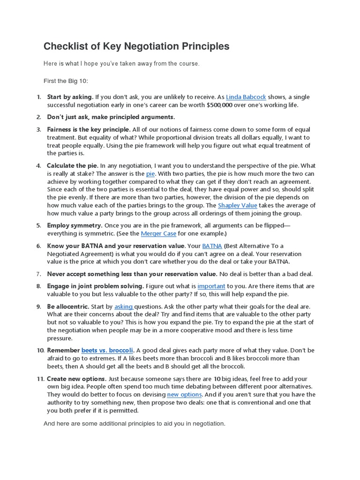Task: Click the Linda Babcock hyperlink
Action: tap(246, 97)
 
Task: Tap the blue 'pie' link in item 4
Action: tap(150, 173)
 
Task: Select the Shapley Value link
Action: tap(237, 205)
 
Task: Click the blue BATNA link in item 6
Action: tap(212, 246)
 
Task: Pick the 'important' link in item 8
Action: tap(211, 286)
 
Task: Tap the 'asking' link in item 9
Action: tap(124, 307)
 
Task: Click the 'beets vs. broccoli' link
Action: tap(107, 350)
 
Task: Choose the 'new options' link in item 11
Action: tap(184, 395)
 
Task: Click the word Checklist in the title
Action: tap(64, 46)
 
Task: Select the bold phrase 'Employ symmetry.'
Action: tap(75, 225)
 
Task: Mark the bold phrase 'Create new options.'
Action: tap(76, 379)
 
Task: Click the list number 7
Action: tap(39, 274)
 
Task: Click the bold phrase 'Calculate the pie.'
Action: tap(73, 165)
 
